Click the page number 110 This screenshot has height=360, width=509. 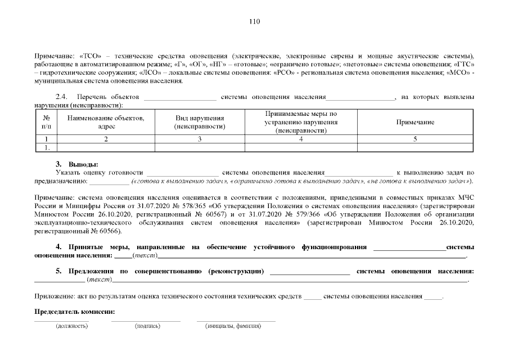[x=254, y=22]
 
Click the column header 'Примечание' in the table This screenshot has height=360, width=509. [x=415, y=122]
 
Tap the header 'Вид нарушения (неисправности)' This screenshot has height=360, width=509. [x=200, y=122]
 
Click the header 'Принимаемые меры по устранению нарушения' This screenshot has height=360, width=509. [x=301, y=122]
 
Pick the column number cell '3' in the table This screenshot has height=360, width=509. [x=200, y=139]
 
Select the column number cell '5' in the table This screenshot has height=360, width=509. [x=415, y=139]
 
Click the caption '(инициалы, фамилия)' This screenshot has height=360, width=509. [x=233, y=326]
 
